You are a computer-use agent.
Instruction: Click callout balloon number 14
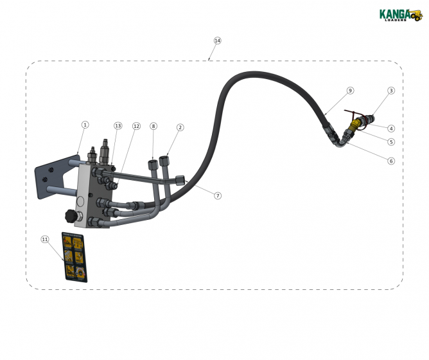pyautogui.click(x=217, y=40)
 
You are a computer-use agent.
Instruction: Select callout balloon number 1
pyautogui.click(x=85, y=124)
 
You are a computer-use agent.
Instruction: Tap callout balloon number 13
pyautogui.click(x=118, y=126)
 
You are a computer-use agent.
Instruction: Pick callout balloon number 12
pyautogui.click(x=136, y=127)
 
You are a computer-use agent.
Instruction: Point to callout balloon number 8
pyautogui.click(x=153, y=127)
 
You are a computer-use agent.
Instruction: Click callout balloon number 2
pyautogui.click(x=180, y=127)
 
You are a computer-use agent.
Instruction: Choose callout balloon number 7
pyautogui.click(x=218, y=195)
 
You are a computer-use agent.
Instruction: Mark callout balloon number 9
pyautogui.click(x=350, y=91)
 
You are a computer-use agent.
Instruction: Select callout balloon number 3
pyautogui.click(x=391, y=91)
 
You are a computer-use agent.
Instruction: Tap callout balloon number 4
pyautogui.click(x=391, y=128)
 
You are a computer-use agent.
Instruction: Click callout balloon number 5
pyautogui.click(x=391, y=141)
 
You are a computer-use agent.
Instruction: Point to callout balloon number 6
pyautogui.click(x=391, y=161)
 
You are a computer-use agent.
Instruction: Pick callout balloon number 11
pyautogui.click(x=45, y=239)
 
